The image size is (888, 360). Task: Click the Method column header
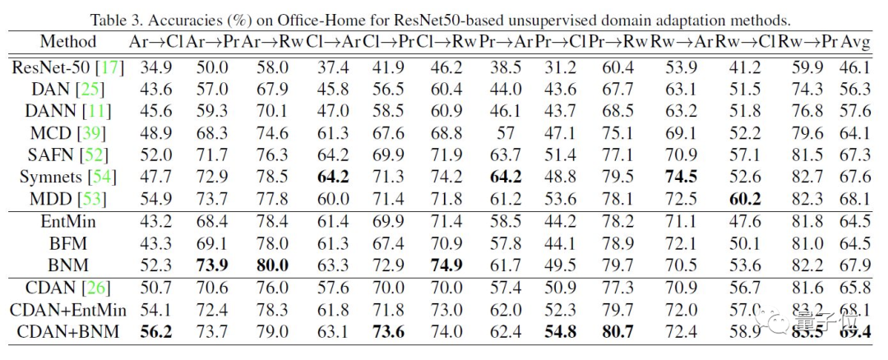click(67, 41)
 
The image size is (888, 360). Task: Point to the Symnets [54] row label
click(68, 177)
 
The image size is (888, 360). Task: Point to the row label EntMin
click(67, 220)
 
